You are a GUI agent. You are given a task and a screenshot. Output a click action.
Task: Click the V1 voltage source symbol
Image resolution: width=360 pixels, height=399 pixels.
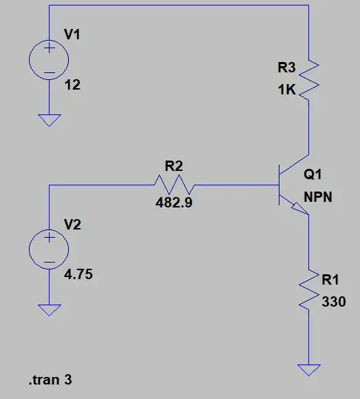(50, 61)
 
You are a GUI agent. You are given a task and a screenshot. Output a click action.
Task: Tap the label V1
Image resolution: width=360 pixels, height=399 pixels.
(72, 34)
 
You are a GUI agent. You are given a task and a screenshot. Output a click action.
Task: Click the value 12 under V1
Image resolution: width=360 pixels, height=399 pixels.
(71, 86)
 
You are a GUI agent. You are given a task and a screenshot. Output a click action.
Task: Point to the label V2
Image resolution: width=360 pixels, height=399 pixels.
(72, 225)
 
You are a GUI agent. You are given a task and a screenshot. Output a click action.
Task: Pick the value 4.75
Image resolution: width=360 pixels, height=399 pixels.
(78, 275)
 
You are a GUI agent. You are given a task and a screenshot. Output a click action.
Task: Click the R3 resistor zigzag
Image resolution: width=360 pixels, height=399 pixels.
(309, 79)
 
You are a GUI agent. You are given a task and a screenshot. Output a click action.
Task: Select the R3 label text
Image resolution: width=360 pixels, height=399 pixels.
(286, 68)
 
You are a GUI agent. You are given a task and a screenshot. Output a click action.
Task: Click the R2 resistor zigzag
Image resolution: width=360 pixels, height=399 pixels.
(174, 185)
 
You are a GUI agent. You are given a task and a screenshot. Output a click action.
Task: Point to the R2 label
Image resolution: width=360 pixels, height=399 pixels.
(173, 165)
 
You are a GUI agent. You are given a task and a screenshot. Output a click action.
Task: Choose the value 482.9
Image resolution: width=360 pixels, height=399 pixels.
(174, 204)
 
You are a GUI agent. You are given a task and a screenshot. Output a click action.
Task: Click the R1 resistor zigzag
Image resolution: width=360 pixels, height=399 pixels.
(309, 289)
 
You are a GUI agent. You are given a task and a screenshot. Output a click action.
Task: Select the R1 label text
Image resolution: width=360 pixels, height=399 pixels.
(331, 280)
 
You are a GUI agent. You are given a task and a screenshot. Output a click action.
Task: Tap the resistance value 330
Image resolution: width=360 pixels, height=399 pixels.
(333, 301)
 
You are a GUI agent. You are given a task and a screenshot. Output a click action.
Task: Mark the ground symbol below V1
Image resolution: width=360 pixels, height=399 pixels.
(50, 120)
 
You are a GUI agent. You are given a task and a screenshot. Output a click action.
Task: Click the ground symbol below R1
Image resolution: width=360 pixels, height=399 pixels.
(309, 369)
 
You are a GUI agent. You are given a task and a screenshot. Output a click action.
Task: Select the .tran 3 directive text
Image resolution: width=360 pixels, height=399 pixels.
(50, 380)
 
